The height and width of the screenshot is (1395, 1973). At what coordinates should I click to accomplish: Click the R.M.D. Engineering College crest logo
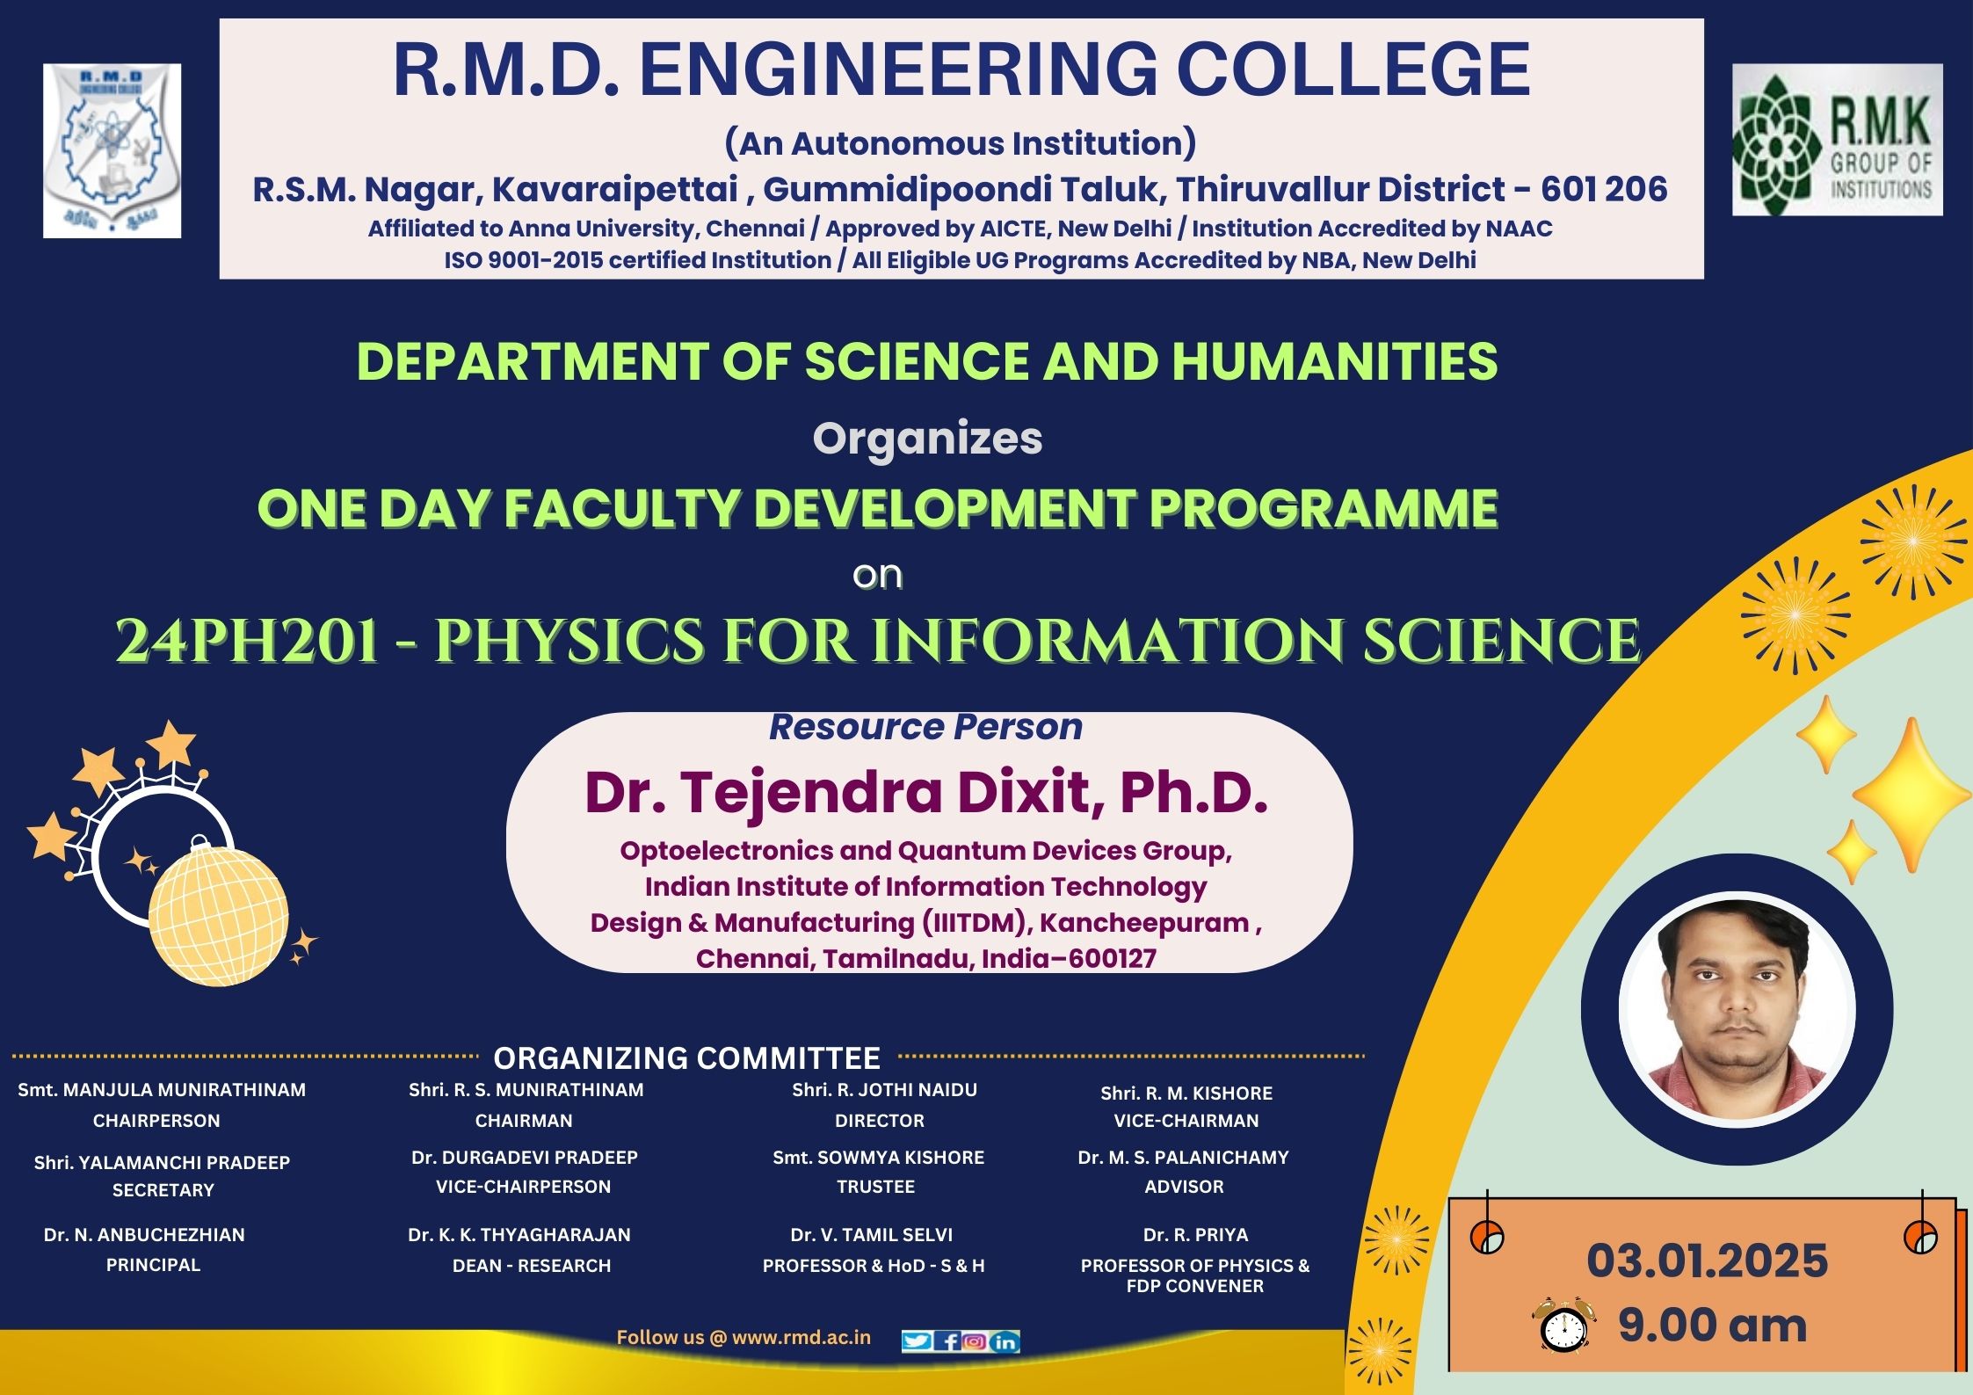click(112, 150)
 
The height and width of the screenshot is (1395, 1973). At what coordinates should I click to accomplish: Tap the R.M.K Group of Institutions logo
click(1838, 140)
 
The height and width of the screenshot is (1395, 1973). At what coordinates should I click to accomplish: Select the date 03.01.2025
click(1708, 1261)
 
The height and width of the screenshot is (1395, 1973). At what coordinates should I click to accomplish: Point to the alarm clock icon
click(1563, 1324)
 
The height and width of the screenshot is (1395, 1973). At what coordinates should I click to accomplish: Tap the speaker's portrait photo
click(1737, 1009)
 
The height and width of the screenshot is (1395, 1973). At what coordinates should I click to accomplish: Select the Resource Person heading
click(925, 727)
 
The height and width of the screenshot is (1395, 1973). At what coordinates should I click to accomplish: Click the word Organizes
click(927, 439)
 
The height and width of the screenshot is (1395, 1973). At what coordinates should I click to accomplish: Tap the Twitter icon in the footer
click(917, 1341)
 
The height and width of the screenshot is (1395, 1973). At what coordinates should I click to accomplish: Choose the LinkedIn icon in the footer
click(1005, 1341)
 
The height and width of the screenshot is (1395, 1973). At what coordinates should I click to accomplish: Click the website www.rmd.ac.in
click(802, 1337)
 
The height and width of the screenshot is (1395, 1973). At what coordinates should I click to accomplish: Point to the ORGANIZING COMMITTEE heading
click(686, 1057)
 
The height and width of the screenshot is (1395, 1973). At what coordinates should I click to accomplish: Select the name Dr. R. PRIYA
click(1195, 1234)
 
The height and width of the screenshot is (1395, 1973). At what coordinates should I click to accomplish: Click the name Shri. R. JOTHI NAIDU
click(884, 1089)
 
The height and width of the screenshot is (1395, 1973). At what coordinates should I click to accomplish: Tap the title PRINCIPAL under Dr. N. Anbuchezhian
click(153, 1264)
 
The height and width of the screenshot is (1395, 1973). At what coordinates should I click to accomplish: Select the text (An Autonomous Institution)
click(961, 142)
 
